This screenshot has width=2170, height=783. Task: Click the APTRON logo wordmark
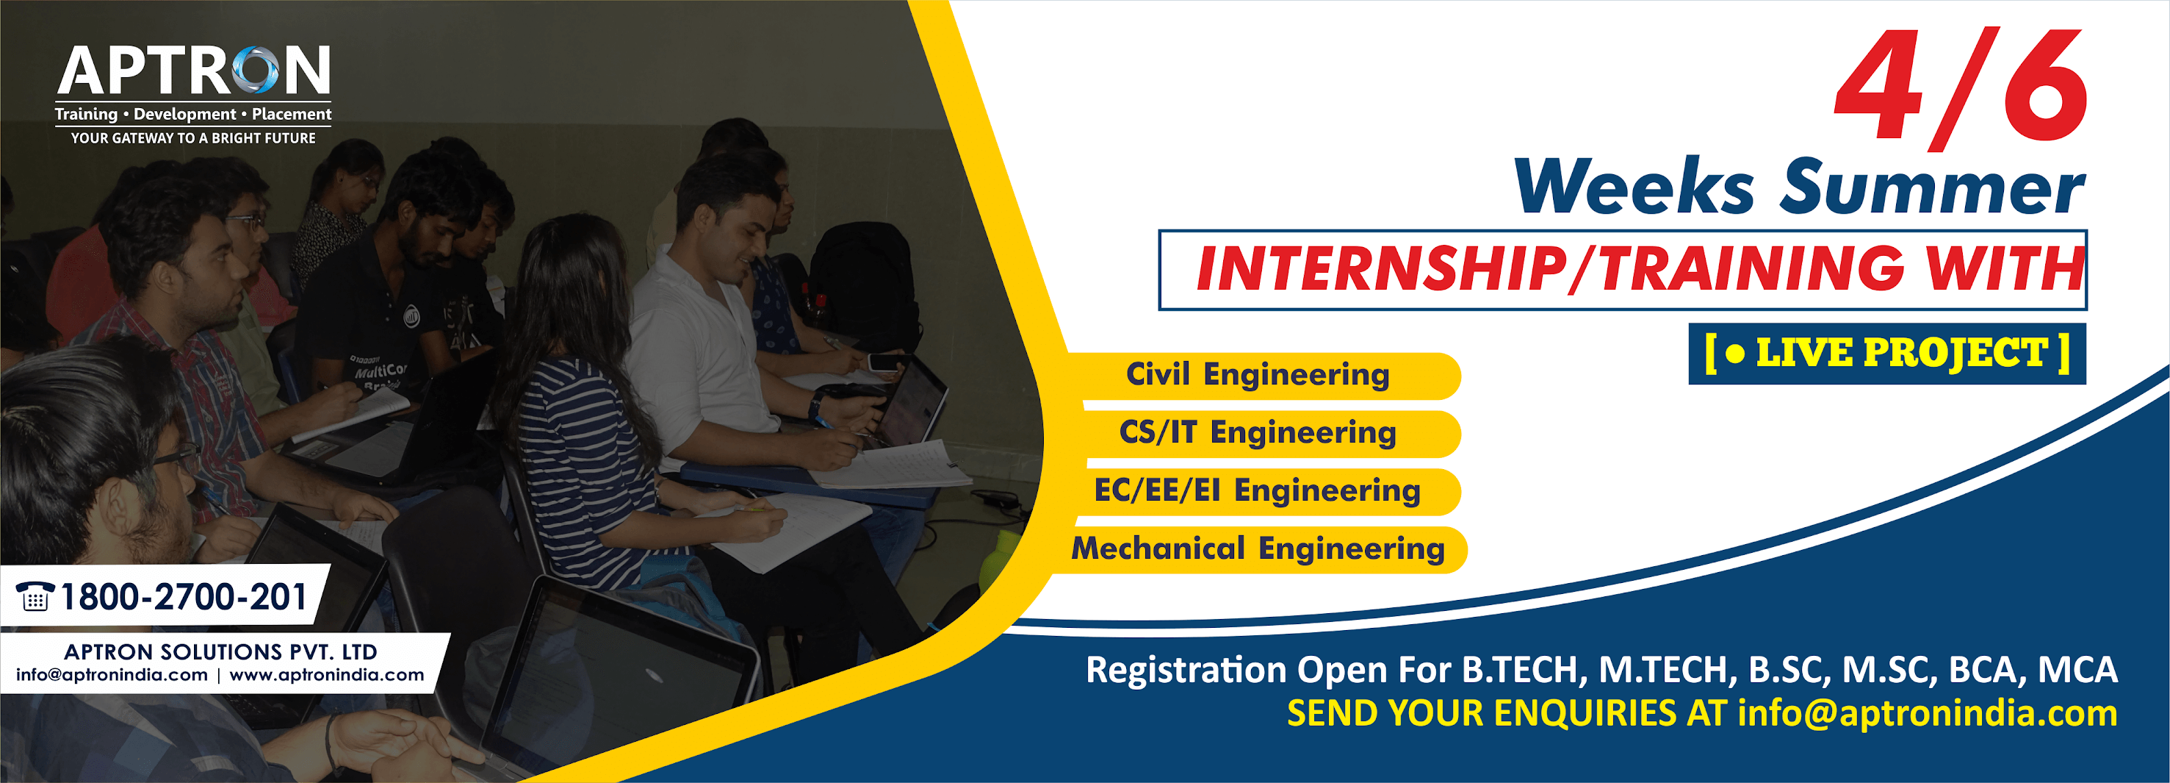[193, 71]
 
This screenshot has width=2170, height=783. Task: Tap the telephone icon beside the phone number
[35, 596]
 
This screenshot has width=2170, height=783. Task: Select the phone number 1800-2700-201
[183, 597]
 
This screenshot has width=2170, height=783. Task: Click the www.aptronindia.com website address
[327, 674]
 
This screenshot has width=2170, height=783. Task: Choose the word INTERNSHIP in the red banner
[1381, 269]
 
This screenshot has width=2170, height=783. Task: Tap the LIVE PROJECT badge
[1887, 353]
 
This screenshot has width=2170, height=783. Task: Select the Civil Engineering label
[1258, 374]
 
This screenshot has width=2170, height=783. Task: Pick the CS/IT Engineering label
[1258, 432]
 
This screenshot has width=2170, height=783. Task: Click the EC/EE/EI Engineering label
[1258, 490]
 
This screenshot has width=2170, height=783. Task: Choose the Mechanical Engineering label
[1258, 548]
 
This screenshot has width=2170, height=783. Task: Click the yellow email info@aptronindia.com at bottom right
[1928, 713]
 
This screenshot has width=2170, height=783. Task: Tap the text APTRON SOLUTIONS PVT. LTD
[220, 651]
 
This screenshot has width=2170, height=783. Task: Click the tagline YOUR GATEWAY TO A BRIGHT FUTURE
[193, 138]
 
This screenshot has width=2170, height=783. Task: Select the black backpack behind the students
[863, 278]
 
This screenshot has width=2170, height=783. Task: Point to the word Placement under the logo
[292, 114]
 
